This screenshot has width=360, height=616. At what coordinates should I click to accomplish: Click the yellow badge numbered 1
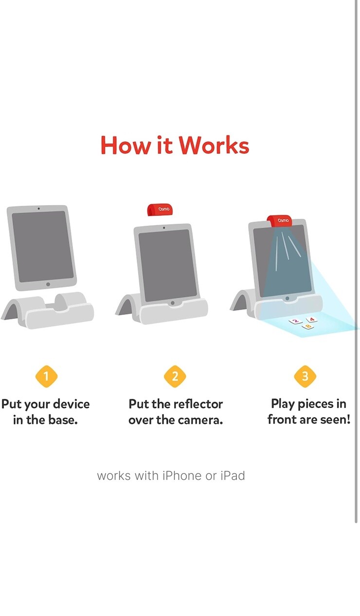click(47, 376)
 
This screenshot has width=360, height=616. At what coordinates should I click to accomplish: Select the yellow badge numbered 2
click(175, 376)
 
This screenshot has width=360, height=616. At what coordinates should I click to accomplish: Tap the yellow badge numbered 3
click(305, 376)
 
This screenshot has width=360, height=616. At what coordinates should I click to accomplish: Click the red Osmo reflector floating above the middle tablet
click(160, 210)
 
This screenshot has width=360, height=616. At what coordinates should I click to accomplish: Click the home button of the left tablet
click(48, 284)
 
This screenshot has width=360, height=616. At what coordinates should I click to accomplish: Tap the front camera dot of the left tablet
click(38, 209)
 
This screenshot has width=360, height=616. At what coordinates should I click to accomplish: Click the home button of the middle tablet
click(173, 303)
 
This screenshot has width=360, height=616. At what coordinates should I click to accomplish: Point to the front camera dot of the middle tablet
click(164, 228)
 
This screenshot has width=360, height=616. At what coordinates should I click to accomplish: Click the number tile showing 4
click(311, 319)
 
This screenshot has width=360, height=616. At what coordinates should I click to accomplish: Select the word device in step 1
click(72, 404)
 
